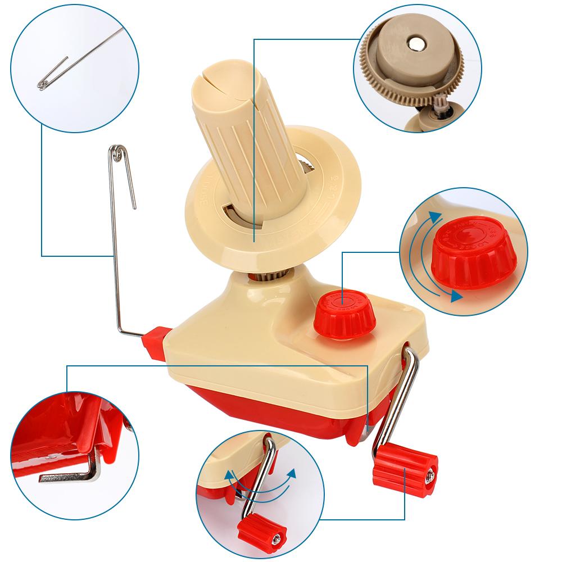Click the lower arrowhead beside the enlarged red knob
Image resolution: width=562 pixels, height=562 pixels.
click(456, 296)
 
